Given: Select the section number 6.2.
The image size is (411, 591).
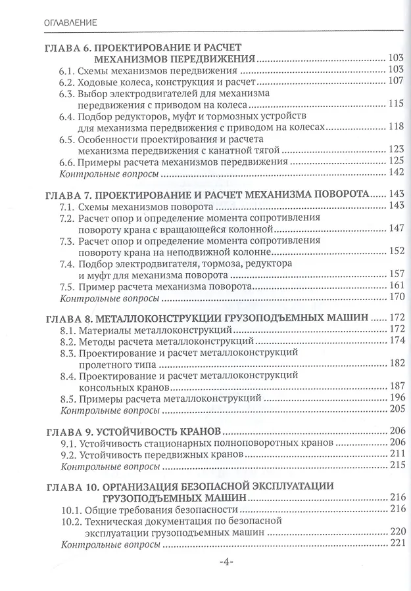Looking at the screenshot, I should tap(66, 81).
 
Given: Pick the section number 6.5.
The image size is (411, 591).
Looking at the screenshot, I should tap(66, 139).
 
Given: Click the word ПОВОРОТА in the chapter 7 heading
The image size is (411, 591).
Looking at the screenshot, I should tap(336, 194).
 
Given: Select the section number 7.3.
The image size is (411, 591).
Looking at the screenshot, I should tap(66, 241).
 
